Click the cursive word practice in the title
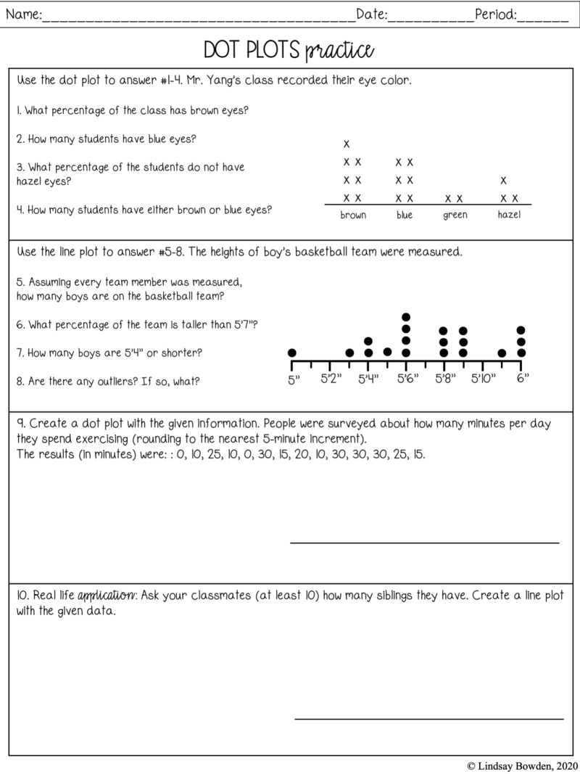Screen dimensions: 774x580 339,51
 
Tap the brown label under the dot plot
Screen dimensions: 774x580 353,215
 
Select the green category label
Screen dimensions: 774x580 455,215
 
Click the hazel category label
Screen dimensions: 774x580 509,215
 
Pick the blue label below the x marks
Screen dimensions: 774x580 405,215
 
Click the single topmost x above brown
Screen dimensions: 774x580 347,144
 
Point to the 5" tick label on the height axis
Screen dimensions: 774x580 293,379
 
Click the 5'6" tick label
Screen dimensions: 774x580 407,379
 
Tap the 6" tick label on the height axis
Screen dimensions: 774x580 522,379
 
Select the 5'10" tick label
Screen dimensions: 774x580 483,379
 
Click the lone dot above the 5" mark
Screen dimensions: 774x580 292,353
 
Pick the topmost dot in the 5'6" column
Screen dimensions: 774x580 406,317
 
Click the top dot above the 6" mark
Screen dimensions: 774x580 521,330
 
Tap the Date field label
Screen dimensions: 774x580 370,14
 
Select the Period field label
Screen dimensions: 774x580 496,14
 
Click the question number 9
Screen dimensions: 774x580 20,423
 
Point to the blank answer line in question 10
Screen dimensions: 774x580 428,719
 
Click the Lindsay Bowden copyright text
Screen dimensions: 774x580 521,765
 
